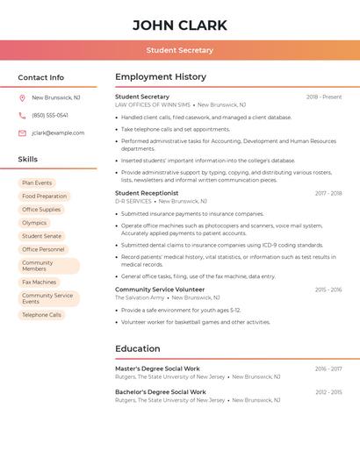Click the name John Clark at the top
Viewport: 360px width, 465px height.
click(x=179, y=25)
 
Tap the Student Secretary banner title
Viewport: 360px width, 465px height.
click(x=179, y=50)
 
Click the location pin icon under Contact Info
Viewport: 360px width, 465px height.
click(x=22, y=97)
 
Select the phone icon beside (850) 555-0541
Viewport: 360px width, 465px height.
click(x=22, y=115)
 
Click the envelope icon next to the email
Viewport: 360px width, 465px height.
click(x=22, y=132)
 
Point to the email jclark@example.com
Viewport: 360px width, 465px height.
click(x=58, y=132)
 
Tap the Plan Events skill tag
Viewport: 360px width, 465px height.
click(x=37, y=182)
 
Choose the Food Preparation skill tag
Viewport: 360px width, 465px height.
click(x=44, y=196)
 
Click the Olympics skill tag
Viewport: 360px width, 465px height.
click(x=34, y=223)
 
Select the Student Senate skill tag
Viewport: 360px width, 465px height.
click(x=41, y=236)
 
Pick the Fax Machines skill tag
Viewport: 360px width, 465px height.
click(x=39, y=282)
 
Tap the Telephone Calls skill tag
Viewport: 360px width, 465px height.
click(x=41, y=314)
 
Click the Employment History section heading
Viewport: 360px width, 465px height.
click(x=161, y=77)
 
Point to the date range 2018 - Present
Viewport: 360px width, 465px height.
click(x=324, y=97)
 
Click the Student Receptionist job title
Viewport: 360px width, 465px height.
click(x=147, y=193)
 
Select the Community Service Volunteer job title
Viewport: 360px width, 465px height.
click(x=160, y=290)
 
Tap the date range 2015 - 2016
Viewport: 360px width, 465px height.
click(x=328, y=290)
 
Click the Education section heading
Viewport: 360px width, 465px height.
click(x=138, y=348)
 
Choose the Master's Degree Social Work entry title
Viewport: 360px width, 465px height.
click(x=157, y=368)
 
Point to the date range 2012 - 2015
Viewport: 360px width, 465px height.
click(x=328, y=391)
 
